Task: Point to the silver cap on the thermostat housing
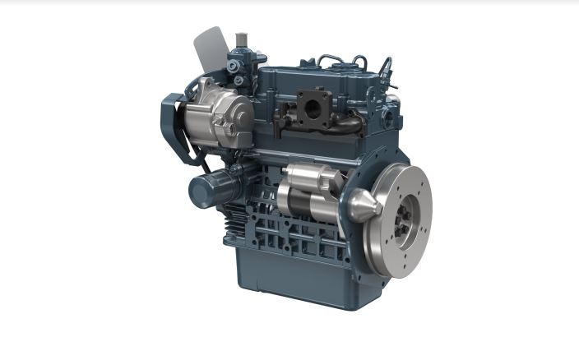[241, 39]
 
